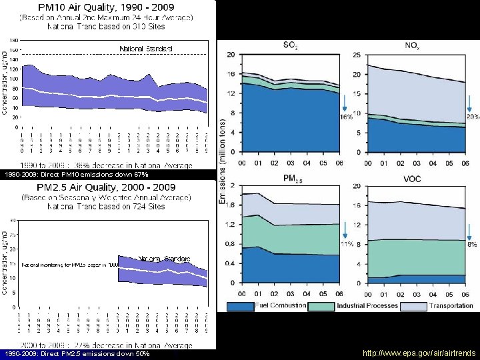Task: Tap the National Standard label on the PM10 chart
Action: (146, 49)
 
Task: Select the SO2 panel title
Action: (290, 45)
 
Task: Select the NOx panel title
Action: (412, 45)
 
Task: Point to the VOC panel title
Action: (412, 178)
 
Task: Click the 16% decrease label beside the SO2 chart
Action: (347, 117)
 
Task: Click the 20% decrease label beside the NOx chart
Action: (473, 117)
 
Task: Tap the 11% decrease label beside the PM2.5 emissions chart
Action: (347, 245)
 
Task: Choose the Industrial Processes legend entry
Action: (367, 306)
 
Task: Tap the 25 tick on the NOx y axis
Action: (357, 54)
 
